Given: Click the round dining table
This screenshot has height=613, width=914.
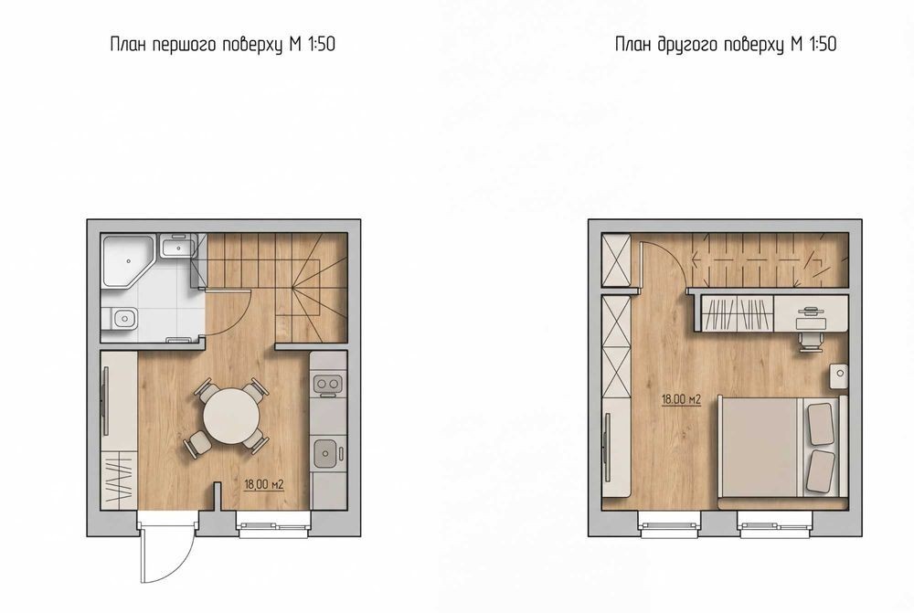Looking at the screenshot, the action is (x=231, y=416).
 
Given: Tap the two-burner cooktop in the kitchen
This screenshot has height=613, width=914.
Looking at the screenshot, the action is (x=326, y=385).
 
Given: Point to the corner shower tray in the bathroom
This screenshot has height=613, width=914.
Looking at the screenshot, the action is (x=128, y=260).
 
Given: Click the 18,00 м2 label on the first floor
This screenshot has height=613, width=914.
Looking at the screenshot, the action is (x=263, y=484).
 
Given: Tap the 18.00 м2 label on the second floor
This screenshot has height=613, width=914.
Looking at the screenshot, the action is (x=681, y=400).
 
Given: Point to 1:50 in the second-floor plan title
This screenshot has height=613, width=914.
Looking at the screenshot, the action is (x=824, y=44).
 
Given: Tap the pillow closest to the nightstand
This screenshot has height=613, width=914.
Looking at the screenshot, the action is (x=820, y=423).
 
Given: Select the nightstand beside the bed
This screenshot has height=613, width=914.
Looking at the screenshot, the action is (x=838, y=375).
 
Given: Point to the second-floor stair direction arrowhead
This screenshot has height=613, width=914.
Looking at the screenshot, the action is (x=695, y=259).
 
